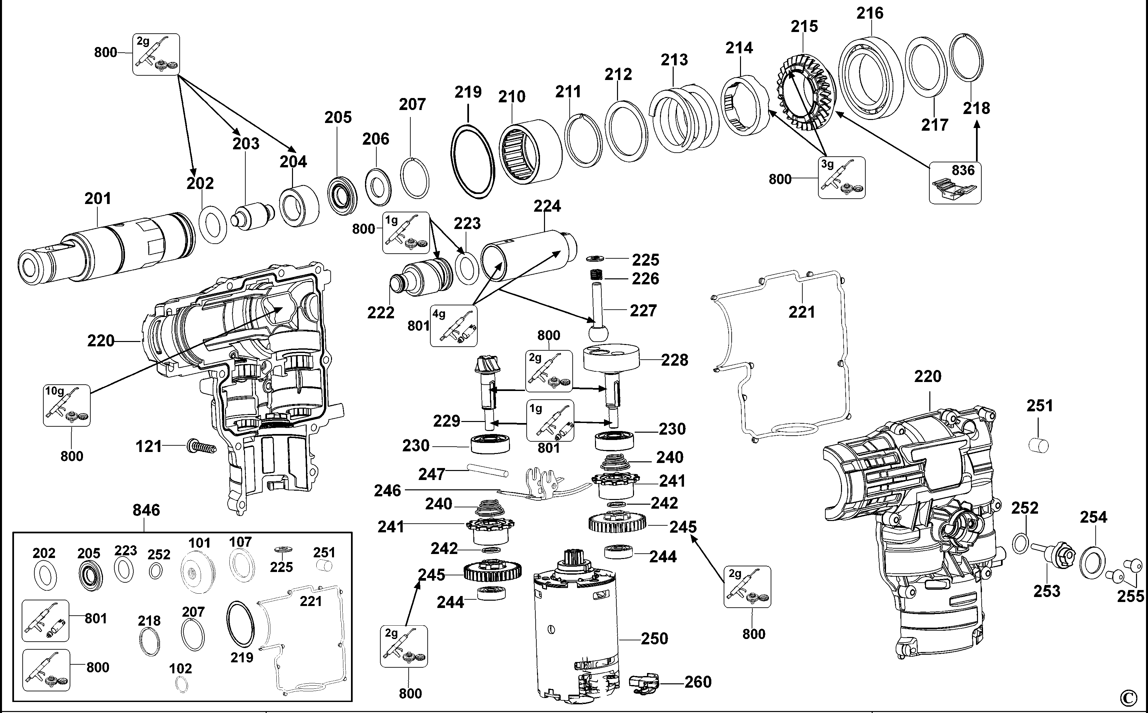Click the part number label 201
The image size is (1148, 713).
[98, 199]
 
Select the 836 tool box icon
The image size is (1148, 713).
[955, 183]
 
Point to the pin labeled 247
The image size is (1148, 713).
[487, 470]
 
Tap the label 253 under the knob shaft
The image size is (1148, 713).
[1047, 591]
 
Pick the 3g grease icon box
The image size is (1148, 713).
[841, 178]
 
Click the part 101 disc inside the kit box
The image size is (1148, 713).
[197, 572]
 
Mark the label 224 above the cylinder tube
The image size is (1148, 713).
[547, 206]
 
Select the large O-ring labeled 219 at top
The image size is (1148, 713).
[473, 161]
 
